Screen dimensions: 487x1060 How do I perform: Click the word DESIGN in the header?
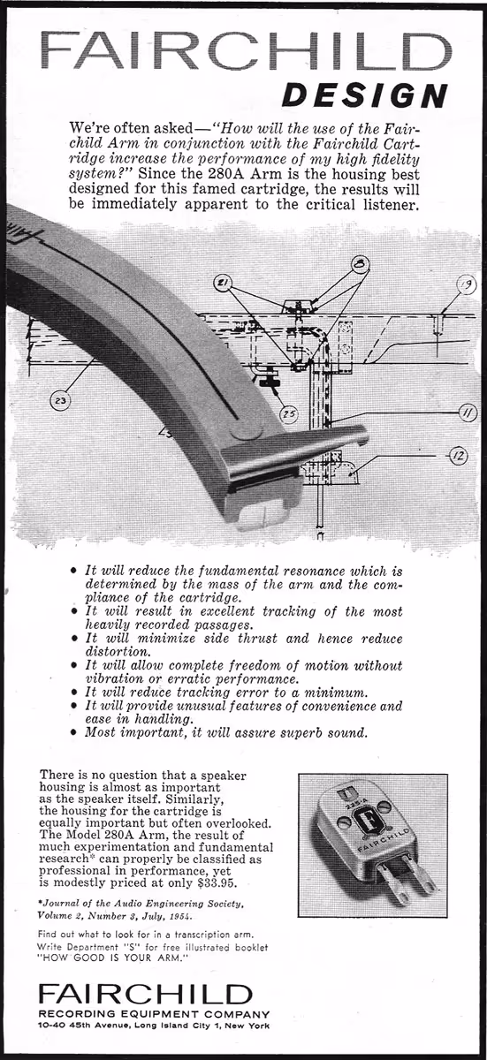[x=364, y=95]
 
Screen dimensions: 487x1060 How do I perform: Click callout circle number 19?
[x=466, y=284]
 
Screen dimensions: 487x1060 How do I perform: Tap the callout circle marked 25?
[x=287, y=413]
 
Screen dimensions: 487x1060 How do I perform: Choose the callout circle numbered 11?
[x=466, y=409]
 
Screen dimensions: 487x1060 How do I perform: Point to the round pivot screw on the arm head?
[x=240, y=431]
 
